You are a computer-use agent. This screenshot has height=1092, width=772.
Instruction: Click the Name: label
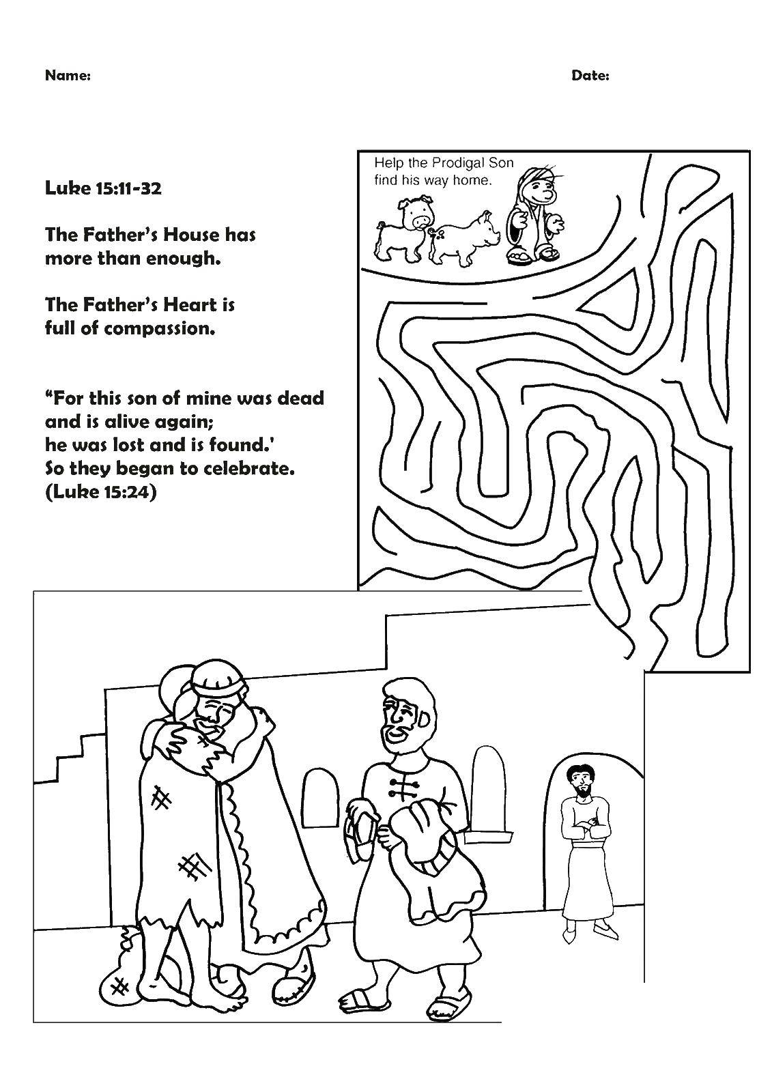point(68,76)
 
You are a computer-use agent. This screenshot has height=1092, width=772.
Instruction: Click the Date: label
point(590,76)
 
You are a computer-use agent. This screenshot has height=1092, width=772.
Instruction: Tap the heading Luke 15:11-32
point(103,188)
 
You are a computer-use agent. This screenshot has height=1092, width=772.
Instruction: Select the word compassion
point(160,329)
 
